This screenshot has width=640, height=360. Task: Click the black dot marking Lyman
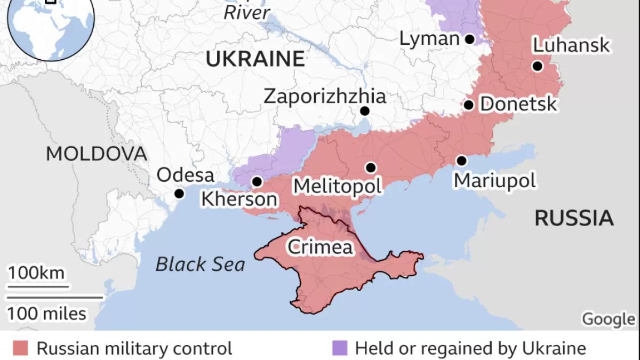469,39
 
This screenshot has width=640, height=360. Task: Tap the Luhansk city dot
537,66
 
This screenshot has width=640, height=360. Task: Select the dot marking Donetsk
468,105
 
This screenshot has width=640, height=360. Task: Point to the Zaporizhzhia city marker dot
365,111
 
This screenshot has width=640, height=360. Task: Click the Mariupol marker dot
461,161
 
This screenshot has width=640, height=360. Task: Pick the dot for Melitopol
371,167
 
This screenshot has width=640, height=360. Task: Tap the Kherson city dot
257,182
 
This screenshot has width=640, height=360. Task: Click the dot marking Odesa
179,193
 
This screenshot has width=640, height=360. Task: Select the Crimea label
320,247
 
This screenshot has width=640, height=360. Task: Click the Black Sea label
200,264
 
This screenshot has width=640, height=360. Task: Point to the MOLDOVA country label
96,154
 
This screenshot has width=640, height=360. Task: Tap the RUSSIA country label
574,218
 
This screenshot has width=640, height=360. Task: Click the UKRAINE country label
255,59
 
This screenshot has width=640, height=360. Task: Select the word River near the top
246,12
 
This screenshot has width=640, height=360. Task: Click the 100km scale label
36,274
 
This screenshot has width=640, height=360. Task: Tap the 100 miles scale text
46,313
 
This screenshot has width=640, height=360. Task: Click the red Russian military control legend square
21,349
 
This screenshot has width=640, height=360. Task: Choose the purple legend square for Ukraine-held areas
339,349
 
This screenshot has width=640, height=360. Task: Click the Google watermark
608,319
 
